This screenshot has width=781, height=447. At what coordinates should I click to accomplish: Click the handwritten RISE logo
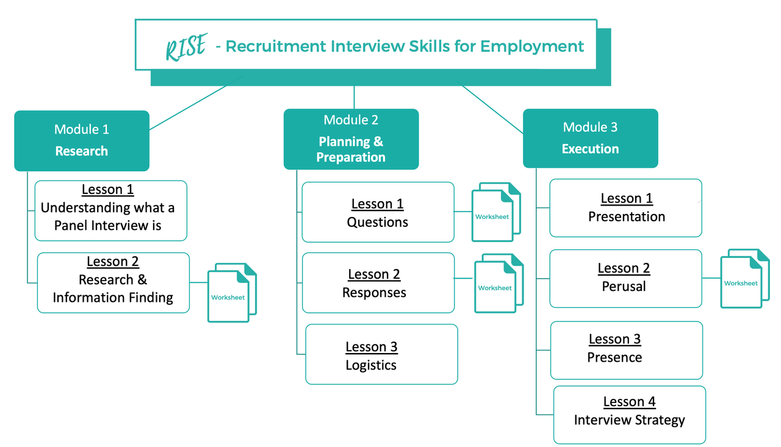coord(186,47)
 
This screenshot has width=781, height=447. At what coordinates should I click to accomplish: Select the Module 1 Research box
coord(82,141)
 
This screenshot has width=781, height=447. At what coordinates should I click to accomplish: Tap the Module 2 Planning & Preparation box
coord(351,139)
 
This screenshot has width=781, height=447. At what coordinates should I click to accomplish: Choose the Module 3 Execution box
coord(590,138)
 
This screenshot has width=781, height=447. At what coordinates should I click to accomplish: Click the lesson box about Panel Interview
coord(111,211)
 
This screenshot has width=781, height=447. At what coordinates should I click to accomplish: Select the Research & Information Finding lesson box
coord(113,283)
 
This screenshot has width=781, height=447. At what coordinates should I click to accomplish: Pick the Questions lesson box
coord(378,212)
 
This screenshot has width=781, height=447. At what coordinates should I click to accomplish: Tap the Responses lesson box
coord(378,283)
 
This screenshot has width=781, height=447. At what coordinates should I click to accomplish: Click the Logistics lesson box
coord(381,354)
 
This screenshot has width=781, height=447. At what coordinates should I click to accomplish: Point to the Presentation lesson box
coord(626,208)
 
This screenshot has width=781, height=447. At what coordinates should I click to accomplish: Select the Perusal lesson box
coord(626,279)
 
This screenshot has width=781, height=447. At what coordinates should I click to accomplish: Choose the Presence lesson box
coord(627,351)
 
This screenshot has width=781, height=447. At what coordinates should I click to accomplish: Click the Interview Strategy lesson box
coord(630,415)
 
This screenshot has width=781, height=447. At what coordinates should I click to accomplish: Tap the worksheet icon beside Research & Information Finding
coord(232,293)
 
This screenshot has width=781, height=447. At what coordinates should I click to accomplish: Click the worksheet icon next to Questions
coord(496,212)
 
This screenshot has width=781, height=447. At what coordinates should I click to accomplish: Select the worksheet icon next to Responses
coord(499,283)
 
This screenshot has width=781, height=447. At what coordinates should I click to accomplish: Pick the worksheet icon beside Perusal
coord(745,278)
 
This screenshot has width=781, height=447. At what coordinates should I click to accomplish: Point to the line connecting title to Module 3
coord(492,109)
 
